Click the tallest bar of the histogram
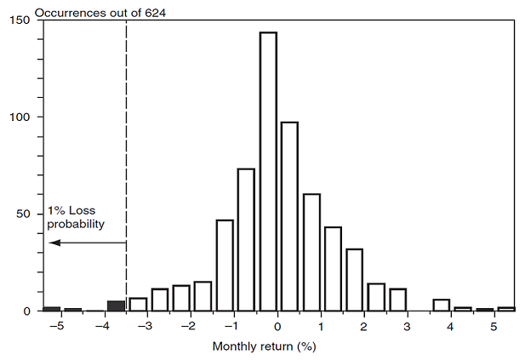tap(268, 170)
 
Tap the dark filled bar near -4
tap(116, 306)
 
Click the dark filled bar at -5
tap(52, 308)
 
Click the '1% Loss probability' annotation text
tap(76, 218)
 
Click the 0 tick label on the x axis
tap(277, 326)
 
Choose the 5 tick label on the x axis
tap(494, 326)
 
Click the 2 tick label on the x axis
tap(364, 326)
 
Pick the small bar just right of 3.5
tap(441, 305)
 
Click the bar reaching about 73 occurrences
tap(246, 240)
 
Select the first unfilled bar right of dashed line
tap(138, 304)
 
